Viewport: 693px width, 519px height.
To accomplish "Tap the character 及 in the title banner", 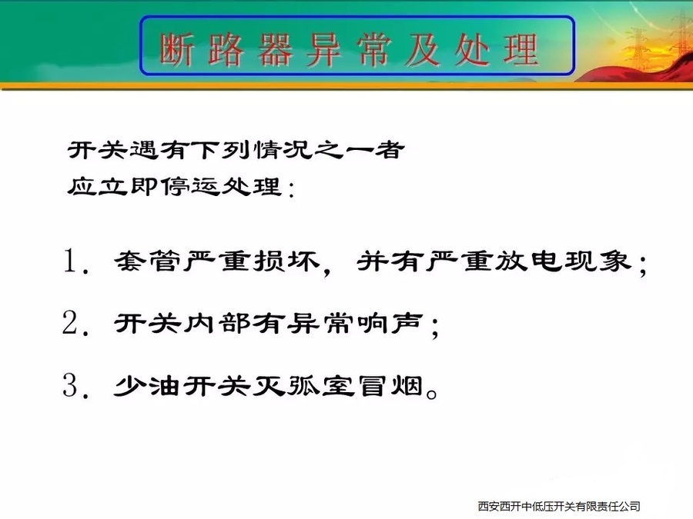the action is (x=423, y=50).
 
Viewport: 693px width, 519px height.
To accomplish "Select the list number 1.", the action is (x=71, y=261).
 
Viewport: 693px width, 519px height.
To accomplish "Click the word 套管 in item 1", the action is (x=148, y=261).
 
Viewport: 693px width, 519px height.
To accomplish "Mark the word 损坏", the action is (x=286, y=261).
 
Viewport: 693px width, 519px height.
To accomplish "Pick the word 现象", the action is (x=597, y=261).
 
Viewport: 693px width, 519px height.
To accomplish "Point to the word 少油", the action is (x=147, y=386).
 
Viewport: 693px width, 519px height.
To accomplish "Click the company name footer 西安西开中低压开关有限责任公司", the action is (x=559, y=506).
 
